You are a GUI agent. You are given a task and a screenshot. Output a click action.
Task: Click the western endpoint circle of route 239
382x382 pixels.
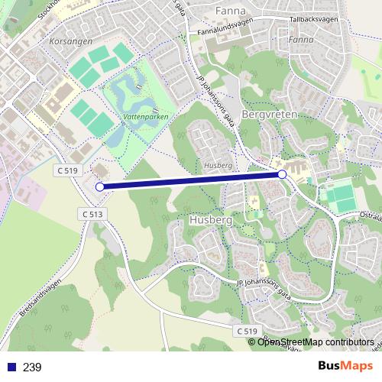pos(99,186)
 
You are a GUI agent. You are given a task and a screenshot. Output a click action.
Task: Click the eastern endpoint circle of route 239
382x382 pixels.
pos(283,175)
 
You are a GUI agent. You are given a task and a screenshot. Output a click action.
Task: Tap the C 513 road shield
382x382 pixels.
pos(90,215)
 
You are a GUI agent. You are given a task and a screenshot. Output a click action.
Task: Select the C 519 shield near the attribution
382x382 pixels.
pos(246,330)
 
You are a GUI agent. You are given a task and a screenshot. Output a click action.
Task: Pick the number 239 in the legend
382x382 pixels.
pos(32,367)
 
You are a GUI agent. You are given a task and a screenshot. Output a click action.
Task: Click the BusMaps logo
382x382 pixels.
pos(344,367)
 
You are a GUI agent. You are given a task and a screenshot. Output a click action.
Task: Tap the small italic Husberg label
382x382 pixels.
pos(219,165)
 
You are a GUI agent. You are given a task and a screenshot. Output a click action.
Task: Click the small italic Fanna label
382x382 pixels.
pos(301,39)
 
